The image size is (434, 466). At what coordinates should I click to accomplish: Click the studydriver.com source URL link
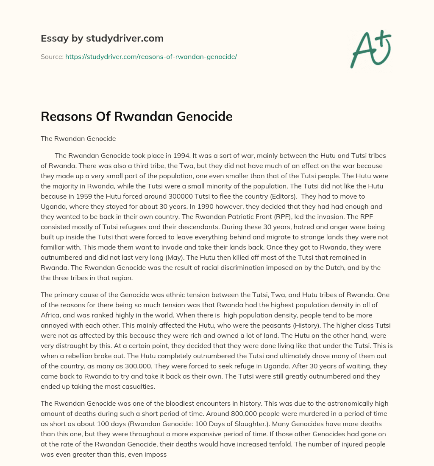pos(151,56)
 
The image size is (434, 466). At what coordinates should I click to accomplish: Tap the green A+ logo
pos(370,49)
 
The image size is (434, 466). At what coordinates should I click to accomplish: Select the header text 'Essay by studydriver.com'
pos(102,38)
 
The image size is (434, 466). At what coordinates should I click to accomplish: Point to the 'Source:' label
pos(52,56)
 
